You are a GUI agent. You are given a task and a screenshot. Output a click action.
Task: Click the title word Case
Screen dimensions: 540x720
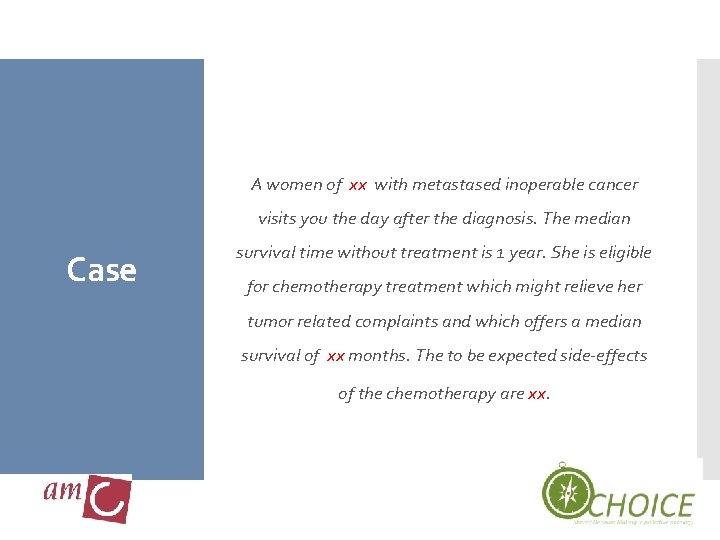click(x=101, y=270)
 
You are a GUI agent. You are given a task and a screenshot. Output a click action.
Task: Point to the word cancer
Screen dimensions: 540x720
click(x=613, y=184)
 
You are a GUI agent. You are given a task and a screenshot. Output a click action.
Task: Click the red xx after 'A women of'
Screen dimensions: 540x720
click(x=358, y=185)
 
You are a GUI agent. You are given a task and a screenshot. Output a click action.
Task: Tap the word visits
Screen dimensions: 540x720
click(x=279, y=218)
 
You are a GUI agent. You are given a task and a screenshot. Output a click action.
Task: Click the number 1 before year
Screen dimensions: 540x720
click(x=498, y=253)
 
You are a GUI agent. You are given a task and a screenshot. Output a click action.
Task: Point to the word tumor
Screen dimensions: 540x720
click(x=270, y=321)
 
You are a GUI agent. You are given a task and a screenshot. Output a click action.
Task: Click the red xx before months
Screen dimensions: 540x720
click(x=336, y=356)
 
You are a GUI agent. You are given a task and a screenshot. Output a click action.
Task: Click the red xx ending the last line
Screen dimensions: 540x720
click(x=537, y=394)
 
